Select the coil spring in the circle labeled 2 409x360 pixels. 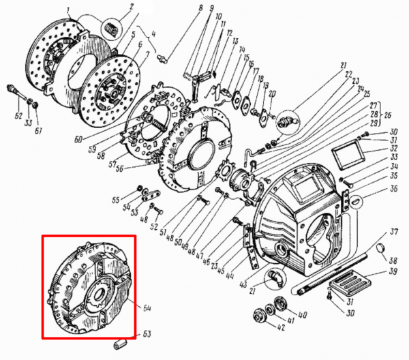(x=110, y=29)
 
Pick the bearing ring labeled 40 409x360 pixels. (x=280, y=304)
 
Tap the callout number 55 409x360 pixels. (x=116, y=200)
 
